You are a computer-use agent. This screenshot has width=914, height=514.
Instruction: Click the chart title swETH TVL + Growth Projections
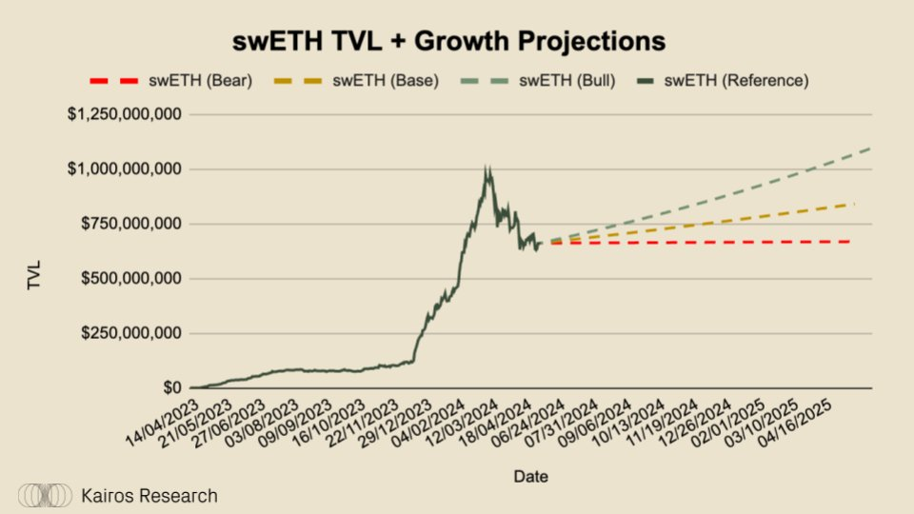(x=449, y=42)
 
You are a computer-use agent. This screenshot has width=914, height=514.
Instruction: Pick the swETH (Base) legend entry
(x=385, y=81)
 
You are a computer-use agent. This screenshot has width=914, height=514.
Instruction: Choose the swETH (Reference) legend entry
(x=736, y=81)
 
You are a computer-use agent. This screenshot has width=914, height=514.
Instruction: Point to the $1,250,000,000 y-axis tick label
(x=124, y=114)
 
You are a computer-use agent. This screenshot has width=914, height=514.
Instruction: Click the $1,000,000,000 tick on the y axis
(x=124, y=169)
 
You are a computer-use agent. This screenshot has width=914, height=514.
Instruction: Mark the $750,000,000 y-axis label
(x=130, y=224)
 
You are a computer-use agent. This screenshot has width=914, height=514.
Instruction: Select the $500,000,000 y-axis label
(x=130, y=279)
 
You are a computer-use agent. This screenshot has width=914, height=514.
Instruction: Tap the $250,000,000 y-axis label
(x=130, y=333)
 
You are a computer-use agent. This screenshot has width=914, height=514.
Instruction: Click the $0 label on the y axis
(x=171, y=388)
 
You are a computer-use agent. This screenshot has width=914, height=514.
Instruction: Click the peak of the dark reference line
(x=487, y=168)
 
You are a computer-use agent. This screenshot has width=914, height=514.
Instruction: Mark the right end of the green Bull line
(x=870, y=148)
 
